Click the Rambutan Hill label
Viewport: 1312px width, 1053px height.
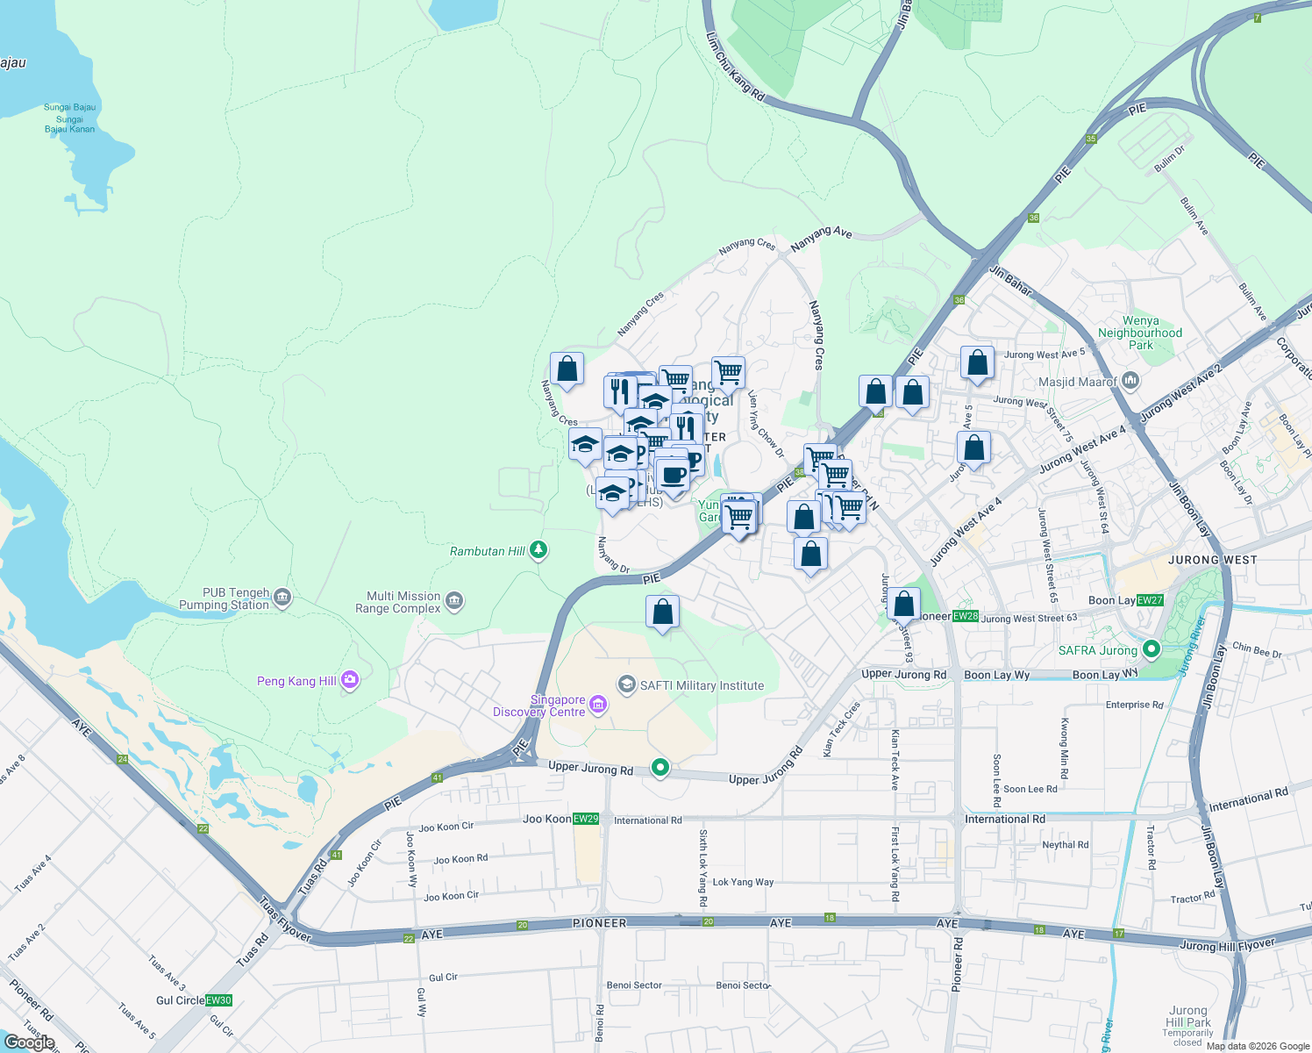(487, 552)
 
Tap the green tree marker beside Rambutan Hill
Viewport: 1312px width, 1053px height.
(538, 551)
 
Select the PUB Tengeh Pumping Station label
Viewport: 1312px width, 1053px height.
(224, 599)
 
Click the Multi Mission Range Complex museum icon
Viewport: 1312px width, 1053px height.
(454, 601)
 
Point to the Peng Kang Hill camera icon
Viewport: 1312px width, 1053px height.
(350, 680)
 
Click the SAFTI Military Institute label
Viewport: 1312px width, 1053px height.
(702, 686)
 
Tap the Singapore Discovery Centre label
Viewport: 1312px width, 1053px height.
(539, 706)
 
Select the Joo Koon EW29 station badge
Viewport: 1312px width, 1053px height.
(586, 819)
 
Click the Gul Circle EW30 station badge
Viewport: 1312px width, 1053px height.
(218, 1000)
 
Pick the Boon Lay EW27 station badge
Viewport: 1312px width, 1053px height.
(1150, 600)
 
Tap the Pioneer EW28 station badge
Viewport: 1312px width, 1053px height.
(966, 616)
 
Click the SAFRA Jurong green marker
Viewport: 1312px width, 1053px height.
(1152, 650)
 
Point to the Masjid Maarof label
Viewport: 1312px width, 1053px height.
(1077, 382)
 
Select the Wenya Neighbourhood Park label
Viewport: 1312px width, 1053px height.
(1140, 333)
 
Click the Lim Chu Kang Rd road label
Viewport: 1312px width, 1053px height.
(735, 66)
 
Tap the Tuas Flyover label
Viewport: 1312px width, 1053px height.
(284, 920)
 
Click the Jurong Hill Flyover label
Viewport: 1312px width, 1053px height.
(1227, 945)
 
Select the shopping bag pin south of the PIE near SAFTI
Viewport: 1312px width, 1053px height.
(663, 612)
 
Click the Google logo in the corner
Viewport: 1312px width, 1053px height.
(30, 1042)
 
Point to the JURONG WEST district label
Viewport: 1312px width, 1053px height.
(1212, 560)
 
